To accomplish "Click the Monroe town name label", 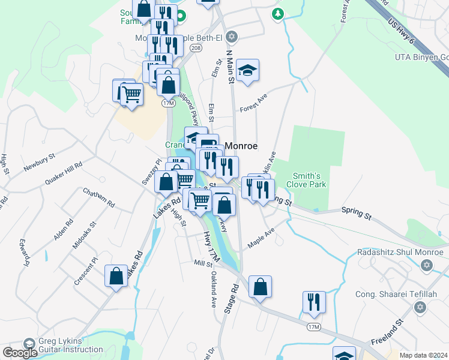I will pos(241,146).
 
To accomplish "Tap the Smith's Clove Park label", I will pos(309,180).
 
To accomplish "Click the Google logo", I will pos(20,353).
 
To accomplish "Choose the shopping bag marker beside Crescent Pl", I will pos(116,277).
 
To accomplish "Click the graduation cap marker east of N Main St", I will pos(247,70).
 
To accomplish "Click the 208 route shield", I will pos(194,47).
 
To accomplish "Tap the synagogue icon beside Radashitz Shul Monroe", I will pos(427,265).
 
